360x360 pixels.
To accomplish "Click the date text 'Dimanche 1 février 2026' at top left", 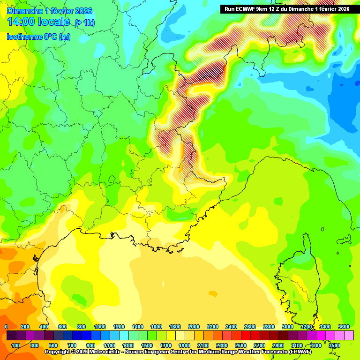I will pos(50,11).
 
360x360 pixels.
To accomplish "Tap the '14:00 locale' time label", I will pos(39,22).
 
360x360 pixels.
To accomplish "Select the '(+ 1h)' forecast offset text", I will pos(85,22).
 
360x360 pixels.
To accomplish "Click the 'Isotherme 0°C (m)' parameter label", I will pos(38,37).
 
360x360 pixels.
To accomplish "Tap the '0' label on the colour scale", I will pos(6,327).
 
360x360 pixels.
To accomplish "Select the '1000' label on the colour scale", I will pos(100,327).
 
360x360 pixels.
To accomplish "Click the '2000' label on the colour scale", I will pos(194,327).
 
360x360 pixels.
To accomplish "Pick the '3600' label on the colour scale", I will pos(344,327).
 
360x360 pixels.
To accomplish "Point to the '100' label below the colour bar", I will pos(15,345).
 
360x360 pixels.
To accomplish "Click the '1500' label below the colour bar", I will pos(147,345).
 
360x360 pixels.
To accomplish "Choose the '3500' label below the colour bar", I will pos(334,345).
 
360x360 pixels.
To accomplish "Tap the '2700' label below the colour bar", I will pos(259,345).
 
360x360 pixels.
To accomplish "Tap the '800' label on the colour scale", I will pos(81,327).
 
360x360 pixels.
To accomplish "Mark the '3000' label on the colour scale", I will pos(287,327).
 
